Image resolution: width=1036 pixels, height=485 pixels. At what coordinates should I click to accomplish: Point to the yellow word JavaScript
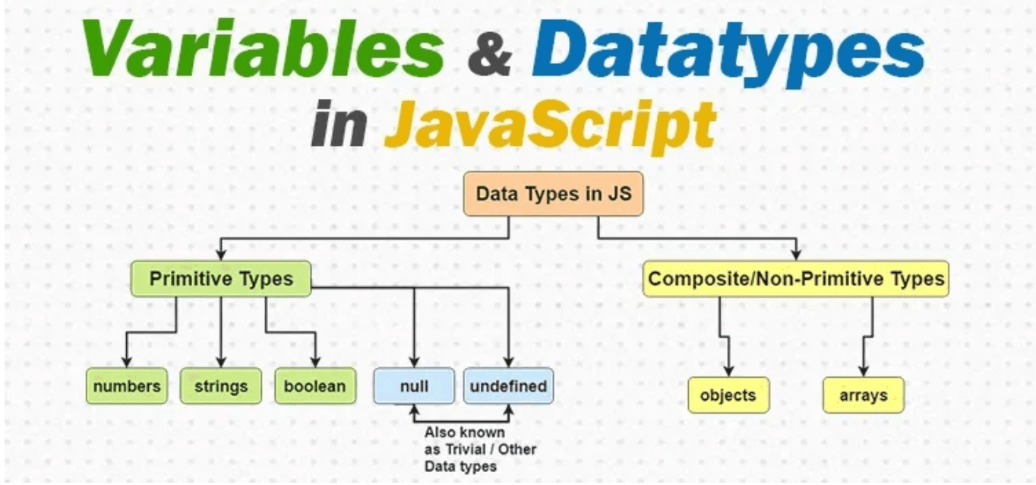[x=549, y=125]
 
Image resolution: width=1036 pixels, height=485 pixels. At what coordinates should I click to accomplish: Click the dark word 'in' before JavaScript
[x=340, y=126]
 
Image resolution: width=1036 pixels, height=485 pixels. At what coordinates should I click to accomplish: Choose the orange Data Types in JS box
[x=553, y=194]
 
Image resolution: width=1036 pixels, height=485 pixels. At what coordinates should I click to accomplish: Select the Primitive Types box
[x=221, y=278]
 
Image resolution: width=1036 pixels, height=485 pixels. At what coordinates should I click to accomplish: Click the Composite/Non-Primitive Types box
[x=796, y=278]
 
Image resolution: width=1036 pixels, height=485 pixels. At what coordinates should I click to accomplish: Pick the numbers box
[x=127, y=386]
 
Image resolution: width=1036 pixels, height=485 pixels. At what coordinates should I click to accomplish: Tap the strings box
[x=220, y=386]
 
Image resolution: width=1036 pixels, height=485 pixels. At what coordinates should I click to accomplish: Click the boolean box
[x=314, y=386]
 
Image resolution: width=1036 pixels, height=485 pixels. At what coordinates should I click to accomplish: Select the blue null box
[x=414, y=386]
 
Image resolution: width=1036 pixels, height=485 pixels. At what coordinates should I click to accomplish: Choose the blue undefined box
[x=508, y=386]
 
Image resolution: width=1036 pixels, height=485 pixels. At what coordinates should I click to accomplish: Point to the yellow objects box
[x=728, y=395]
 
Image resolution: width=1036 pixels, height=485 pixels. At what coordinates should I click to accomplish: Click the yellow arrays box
[x=864, y=395]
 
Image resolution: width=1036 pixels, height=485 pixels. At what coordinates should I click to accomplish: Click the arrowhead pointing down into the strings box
[x=220, y=363]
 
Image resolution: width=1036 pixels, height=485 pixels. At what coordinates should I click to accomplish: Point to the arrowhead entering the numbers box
[x=127, y=363]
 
